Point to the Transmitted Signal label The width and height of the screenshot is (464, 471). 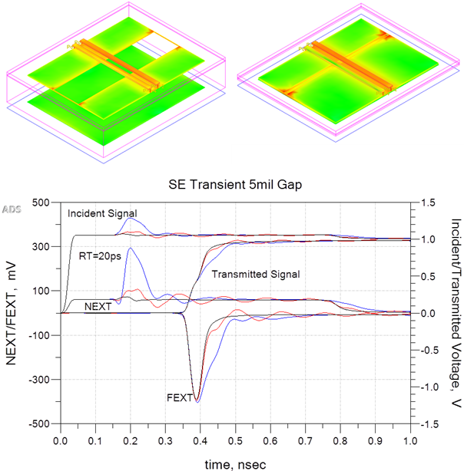(255, 273)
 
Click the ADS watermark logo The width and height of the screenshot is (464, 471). (12, 209)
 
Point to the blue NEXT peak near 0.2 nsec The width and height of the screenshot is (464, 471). (131, 249)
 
